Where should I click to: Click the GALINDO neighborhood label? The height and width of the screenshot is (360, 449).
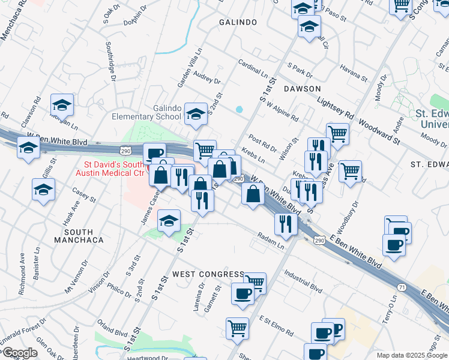[238, 22]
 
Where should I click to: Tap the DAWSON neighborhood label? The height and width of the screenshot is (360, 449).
[302, 88]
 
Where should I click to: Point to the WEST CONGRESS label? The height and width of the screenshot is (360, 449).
[208, 274]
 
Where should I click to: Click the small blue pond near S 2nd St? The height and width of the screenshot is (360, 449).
[240, 110]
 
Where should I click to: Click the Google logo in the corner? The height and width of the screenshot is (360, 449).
[20, 353]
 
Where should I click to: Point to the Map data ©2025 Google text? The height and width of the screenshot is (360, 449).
[412, 355]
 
